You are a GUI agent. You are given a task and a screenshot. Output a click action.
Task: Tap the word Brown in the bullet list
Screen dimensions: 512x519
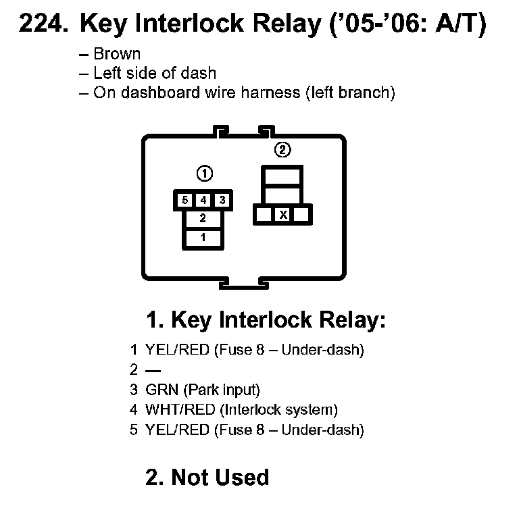click(117, 54)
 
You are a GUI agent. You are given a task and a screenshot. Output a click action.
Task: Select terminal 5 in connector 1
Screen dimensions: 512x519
click(184, 201)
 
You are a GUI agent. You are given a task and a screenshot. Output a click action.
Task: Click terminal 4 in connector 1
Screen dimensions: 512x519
click(203, 201)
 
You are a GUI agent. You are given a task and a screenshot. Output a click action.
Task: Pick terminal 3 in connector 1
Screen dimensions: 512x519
click(222, 201)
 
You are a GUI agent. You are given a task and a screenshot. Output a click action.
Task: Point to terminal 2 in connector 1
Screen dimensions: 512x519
click(203, 218)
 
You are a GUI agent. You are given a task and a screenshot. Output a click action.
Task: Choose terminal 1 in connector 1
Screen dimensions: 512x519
click(203, 238)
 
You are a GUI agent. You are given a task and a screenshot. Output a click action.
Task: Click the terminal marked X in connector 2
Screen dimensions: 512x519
click(284, 215)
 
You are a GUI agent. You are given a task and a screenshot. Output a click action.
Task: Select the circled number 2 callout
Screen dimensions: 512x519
click(283, 149)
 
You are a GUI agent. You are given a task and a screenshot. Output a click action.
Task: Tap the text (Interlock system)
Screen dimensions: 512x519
click(279, 410)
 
